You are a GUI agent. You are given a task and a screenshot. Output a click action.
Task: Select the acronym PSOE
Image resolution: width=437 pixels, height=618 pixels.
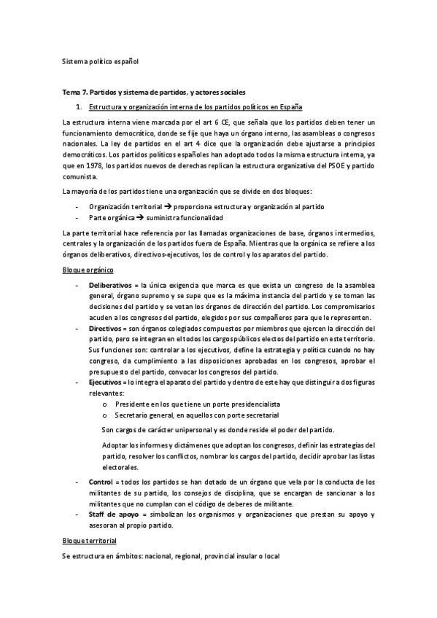(326, 165)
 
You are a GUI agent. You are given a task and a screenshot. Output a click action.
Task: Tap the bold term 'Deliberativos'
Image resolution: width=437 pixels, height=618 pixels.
(112, 284)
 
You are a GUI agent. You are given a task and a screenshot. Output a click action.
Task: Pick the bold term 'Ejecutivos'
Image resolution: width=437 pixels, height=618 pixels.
(107, 382)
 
